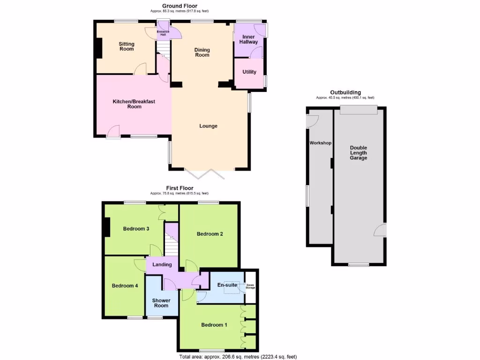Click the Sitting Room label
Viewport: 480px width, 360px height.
point(127,46)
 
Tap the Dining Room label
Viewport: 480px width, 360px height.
point(202,52)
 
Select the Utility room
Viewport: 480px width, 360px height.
point(249,72)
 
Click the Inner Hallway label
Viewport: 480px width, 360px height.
point(248,39)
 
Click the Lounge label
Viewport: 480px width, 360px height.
point(208,126)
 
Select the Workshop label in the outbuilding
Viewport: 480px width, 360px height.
point(320,143)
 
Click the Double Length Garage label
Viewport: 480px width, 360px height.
point(359,153)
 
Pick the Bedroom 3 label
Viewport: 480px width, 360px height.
point(136,229)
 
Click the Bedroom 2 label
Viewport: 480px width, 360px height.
point(210,234)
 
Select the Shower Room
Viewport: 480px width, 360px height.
point(161,303)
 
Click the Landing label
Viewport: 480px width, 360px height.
point(162,265)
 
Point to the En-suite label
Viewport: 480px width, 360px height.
point(227,285)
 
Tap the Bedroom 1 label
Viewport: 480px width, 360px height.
point(214,325)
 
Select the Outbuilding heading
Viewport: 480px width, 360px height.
point(345,92)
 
